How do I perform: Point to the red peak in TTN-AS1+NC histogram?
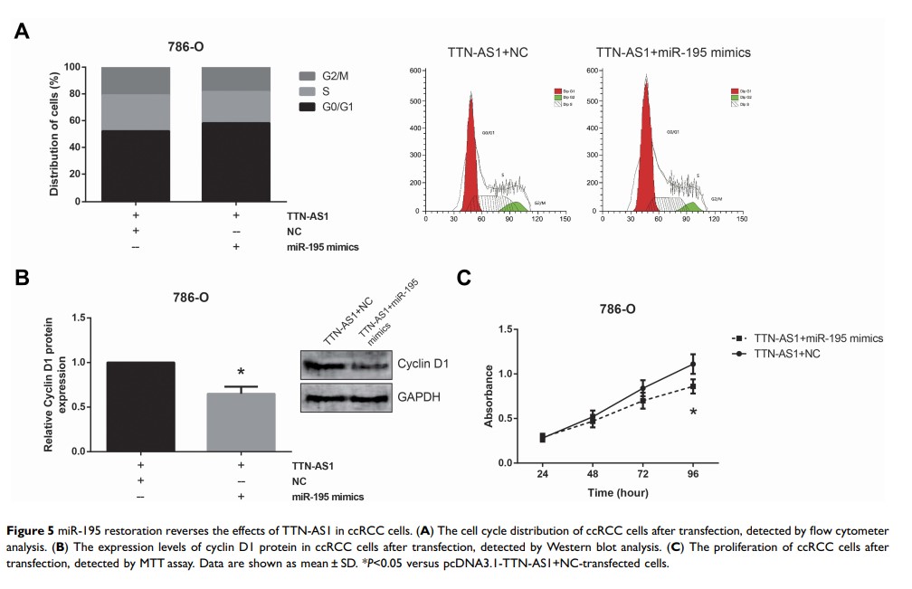pyautogui.click(x=471, y=154)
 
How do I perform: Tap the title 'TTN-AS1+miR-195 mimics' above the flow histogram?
pyautogui.click(x=673, y=52)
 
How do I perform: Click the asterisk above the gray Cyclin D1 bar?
pyautogui.click(x=240, y=373)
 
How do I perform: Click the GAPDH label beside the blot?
pyautogui.click(x=419, y=396)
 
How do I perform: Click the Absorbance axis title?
pyautogui.click(x=489, y=395)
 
